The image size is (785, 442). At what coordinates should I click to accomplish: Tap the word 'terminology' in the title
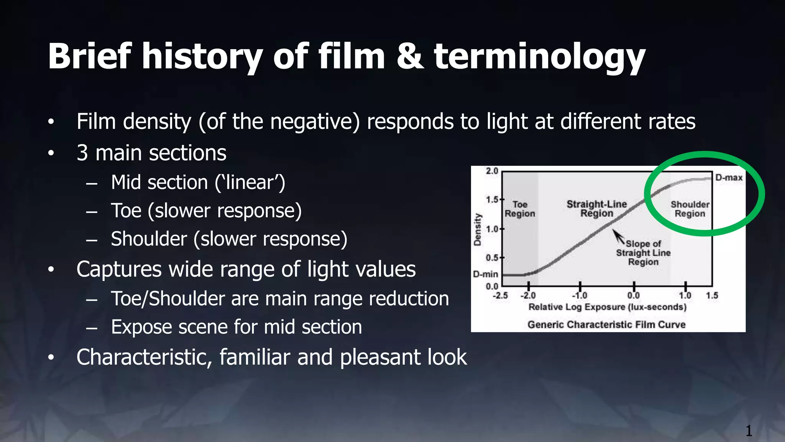click(540, 58)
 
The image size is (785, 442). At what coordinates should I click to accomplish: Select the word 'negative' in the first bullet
click(315, 122)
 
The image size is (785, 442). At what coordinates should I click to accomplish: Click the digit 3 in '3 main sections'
click(82, 153)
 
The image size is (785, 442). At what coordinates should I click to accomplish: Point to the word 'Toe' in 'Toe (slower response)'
click(126, 211)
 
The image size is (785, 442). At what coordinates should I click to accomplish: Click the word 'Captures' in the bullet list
click(119, 269)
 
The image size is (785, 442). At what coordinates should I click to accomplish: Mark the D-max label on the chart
click(729, 178)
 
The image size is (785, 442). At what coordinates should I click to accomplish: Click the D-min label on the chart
click(485, 274)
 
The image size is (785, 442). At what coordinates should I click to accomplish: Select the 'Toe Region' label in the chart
click(520, 209)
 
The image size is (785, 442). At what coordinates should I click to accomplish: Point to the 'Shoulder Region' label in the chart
click(690, 209)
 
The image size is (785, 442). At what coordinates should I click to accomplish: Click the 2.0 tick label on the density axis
click(492, 171)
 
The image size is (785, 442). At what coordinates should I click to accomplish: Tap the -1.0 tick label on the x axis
click(580, 295)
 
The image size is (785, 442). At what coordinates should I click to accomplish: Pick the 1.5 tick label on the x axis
click(712, 295)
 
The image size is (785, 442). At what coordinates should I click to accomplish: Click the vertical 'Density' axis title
click(478, 229)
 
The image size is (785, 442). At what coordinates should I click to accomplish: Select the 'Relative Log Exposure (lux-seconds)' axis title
click(608, 307)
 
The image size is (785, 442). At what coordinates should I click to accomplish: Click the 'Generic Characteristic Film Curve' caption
click(606, 325)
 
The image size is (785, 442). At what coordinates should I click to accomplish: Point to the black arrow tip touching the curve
click(614, 231)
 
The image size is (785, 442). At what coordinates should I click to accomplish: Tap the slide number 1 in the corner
click(749, 431)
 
